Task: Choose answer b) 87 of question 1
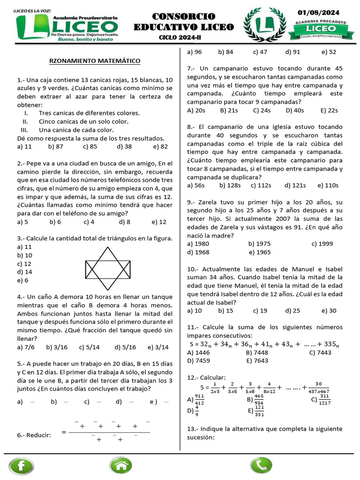(55, 146)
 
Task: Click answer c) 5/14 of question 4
(90, 347)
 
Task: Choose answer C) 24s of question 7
(262, 111)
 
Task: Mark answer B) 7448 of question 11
(257, 352)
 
